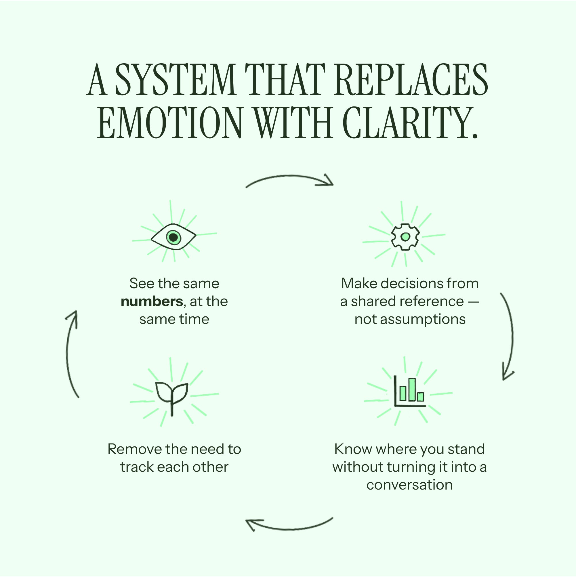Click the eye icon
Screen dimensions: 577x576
pyautogui.click(x=173, y=237)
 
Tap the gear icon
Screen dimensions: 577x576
pyautogui.click(x=405, y=236)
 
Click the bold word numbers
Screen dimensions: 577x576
pyautogui.click(x=152, y=301)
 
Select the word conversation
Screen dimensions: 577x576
pyautogui.click(x=409, y=485)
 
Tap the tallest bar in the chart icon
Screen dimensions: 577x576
pyautogui.click(x=412, y=389)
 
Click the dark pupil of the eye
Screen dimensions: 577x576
pyautogui.click(x=173, y=237)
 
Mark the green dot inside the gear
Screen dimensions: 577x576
pyautogui.click(x=405, y=237)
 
